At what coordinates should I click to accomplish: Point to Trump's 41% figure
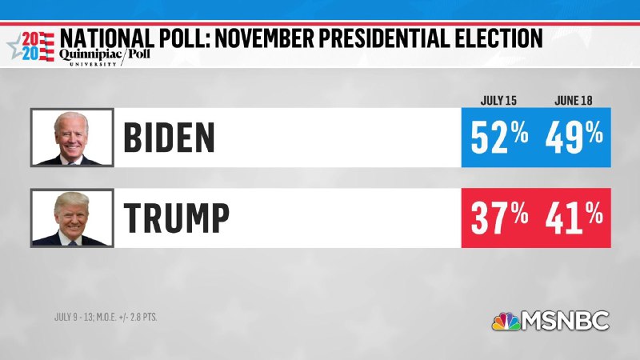click(574, 217)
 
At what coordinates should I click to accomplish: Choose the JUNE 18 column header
click(573, 101)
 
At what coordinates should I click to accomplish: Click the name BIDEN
click(170, 138)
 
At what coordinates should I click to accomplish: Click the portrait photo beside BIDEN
click(71, 138)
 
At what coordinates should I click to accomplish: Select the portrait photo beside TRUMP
click(71, 218)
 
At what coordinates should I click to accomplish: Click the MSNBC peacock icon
click(505, 321)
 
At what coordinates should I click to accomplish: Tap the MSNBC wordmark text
click(566, 321)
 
